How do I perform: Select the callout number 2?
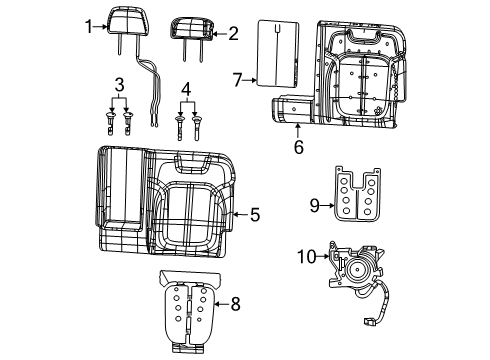233,33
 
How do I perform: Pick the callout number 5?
254,214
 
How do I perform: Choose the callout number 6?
297,147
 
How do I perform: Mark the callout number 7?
238,77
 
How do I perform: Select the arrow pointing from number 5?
238,214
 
